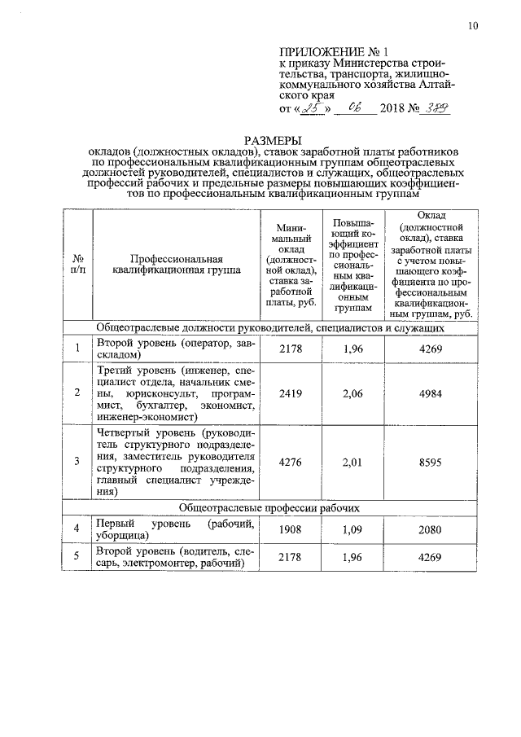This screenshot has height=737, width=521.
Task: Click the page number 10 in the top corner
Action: [473, 26]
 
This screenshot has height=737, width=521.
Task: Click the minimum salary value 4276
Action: [291, 462]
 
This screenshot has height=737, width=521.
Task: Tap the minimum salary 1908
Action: [291, 530]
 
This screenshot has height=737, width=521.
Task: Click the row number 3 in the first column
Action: [77, 462]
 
